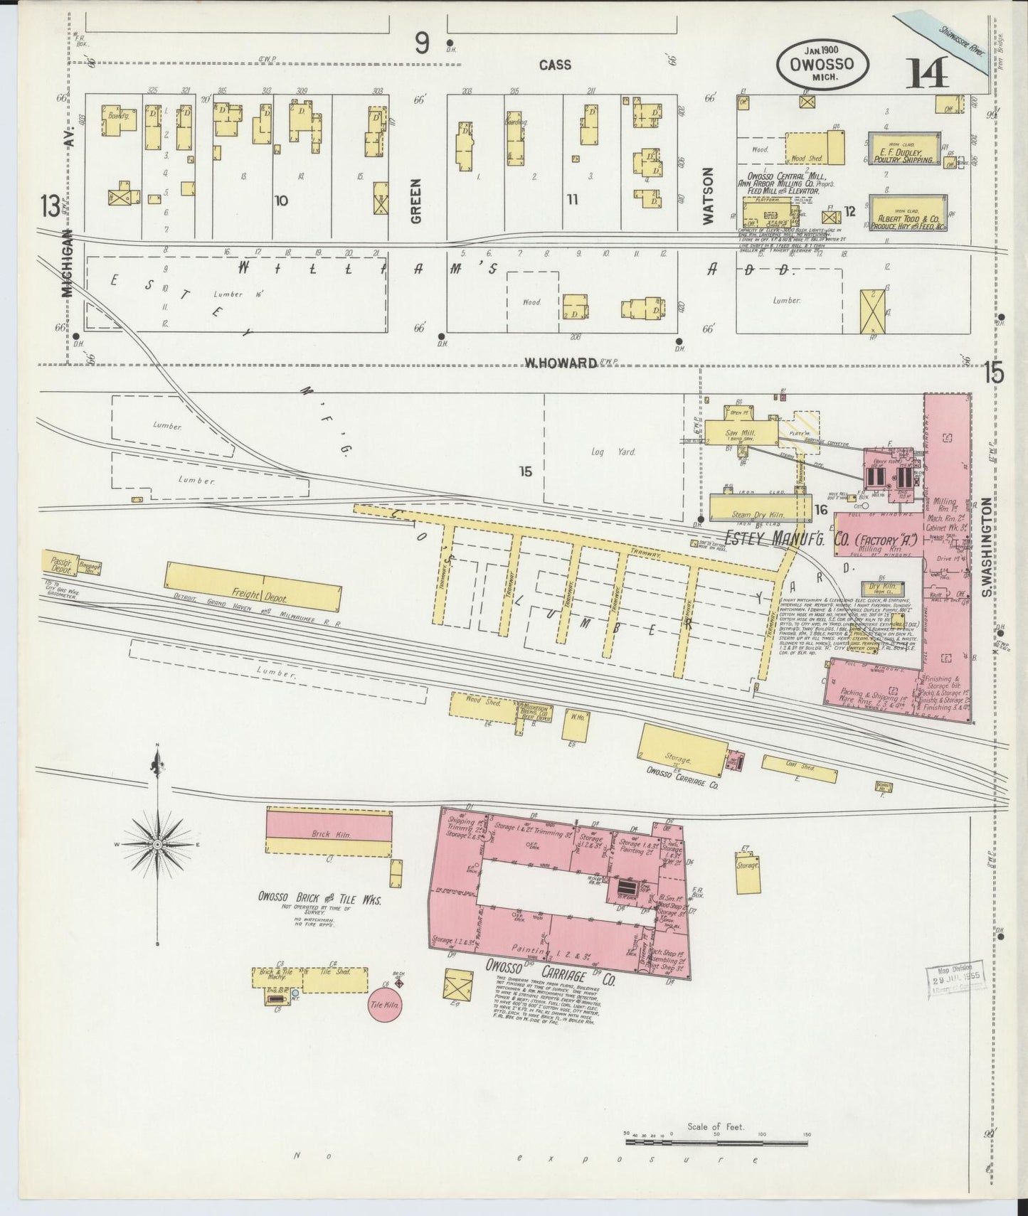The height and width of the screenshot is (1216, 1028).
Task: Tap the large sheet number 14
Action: pos(928,73)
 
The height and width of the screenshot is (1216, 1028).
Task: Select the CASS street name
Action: pos(554,65)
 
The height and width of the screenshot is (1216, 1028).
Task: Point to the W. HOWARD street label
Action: pos(561,363)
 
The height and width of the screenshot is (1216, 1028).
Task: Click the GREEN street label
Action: pos(416,201)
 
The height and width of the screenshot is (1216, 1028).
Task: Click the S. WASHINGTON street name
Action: pos(986,537)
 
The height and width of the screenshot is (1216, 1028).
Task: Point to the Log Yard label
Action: pos(602,451)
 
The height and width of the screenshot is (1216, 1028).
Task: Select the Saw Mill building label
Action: pos(740,432)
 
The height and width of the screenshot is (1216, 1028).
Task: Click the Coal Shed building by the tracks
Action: pos(798,768)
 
